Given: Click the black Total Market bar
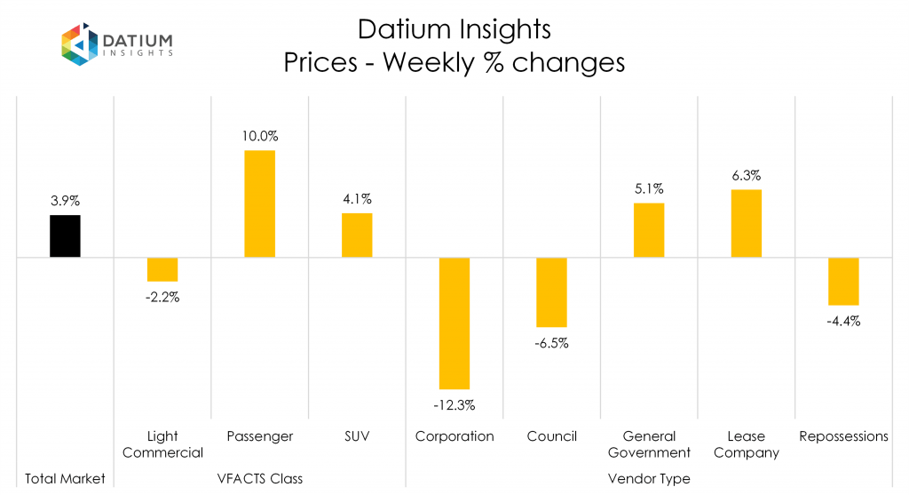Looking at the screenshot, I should [65, 236].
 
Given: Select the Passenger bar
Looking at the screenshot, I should [259, 204].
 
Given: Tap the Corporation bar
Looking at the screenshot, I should [454, 323].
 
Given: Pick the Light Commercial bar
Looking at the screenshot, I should [162, 269].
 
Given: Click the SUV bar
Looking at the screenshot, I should [357, 236].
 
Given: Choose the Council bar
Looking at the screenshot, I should [551, 292].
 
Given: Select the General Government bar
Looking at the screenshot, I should [649, 230].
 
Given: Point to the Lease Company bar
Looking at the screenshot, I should [747, 224].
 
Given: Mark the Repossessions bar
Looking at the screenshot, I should [843, 282].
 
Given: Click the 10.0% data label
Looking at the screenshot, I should [259, 137].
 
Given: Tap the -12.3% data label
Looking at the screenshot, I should [454, 405].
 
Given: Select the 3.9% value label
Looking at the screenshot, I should [65, 202].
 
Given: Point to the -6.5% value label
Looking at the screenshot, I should [551, 343].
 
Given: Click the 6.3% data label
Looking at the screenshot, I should [747, 176].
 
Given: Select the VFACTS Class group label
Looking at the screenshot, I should [259, 479].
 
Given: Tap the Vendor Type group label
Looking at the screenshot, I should [649, 479].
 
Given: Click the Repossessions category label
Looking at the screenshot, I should [843, 436].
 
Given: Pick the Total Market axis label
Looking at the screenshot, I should [65, 479].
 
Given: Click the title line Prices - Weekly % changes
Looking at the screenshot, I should [454, 63].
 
